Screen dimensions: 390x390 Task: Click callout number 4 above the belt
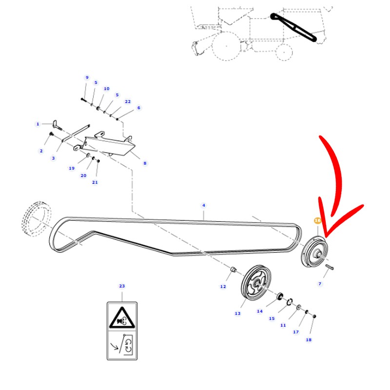[204, 205]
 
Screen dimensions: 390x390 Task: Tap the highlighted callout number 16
[317, 221]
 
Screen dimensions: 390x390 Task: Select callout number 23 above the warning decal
[122, 286]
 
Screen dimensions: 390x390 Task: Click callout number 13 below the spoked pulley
[237, 313]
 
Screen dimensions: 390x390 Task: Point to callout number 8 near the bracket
[145, 163]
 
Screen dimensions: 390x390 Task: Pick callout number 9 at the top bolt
[87, 78]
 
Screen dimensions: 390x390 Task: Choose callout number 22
[128, 101]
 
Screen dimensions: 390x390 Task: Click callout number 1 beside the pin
[38, 124]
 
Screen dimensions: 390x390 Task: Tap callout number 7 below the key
[320, 284]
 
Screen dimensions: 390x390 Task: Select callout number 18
[309, 340]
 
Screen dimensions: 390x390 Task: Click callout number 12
[223, 287]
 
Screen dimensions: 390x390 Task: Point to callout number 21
[95, 182]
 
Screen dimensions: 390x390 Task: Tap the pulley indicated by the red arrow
[314, 252]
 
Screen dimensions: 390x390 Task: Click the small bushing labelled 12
[233, 269]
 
